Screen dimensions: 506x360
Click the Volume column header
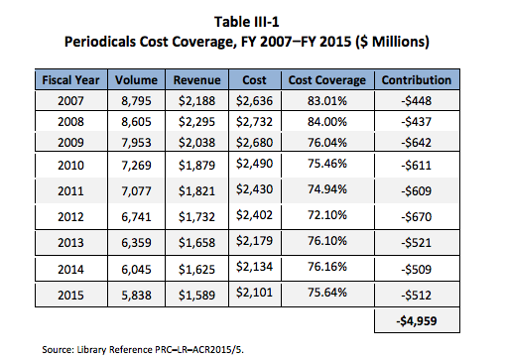[136, 80]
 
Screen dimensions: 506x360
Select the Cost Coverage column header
[327, 80]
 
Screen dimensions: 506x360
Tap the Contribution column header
[417, 80]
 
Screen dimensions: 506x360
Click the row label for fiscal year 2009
[70, 143]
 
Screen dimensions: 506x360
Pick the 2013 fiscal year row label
[70, 243]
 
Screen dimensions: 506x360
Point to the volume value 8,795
[136, 101]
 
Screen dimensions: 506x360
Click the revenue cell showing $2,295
[196, 122]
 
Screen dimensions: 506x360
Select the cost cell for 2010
[254, 164]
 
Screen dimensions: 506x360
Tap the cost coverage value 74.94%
[327, 189]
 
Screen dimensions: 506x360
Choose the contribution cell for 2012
[417, 217]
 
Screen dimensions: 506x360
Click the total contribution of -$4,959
[417, 320]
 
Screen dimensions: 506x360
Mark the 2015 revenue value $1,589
[196, 295]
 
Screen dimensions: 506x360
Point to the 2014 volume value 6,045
[136, 270]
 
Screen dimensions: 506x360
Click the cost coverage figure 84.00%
[327, 122]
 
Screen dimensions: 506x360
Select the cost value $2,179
[254, 241]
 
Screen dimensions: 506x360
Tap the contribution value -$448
[417, 101]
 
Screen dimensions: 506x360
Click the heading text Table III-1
[247, 22]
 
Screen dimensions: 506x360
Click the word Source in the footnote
[58, 349]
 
